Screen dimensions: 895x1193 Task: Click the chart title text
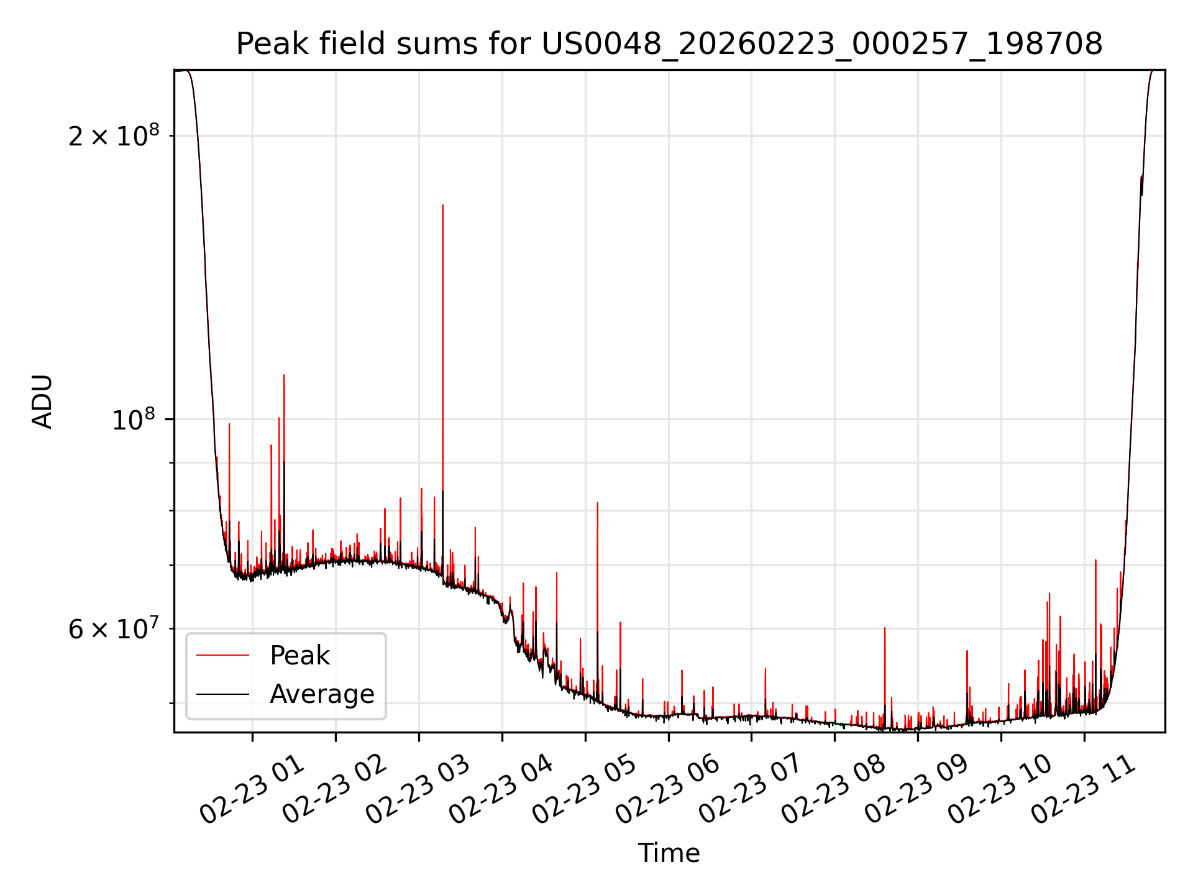click(x=669, y=44)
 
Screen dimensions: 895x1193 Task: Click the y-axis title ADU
click(x=42, y=402)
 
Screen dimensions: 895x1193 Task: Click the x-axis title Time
click(x=669, y=853)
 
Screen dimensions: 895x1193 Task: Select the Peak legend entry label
click(x=299, y=656)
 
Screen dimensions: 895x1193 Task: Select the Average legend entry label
click(x=322, y=694)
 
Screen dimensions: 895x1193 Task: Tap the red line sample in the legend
click(x=222, y=656)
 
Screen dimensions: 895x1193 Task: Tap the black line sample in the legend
click(x=222, y=694)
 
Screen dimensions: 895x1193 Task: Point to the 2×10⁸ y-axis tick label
click(x=114, y=135)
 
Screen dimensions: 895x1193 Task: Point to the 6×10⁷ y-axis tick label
click(x=114, y=629)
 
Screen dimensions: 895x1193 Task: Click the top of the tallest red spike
click(x=442, y=206)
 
